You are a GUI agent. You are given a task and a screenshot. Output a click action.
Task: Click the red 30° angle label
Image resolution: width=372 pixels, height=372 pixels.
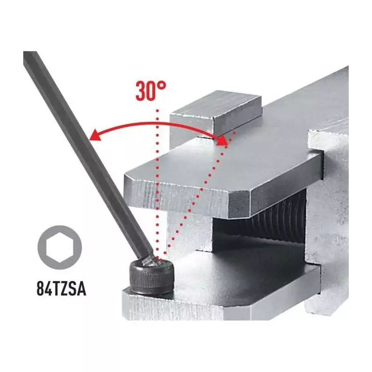[151, 91]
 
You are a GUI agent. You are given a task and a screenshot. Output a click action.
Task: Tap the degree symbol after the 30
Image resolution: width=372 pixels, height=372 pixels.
[161, 86]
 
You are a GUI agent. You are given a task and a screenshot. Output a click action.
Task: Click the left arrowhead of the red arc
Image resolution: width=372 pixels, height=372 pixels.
[95, 135]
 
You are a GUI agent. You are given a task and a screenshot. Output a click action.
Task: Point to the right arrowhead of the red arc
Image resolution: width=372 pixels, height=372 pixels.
[222, 140]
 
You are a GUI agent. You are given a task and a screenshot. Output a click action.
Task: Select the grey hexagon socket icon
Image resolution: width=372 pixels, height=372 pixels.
[60, 247]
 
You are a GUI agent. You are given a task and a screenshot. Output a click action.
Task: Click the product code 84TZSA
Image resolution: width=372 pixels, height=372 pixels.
[61, 288]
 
